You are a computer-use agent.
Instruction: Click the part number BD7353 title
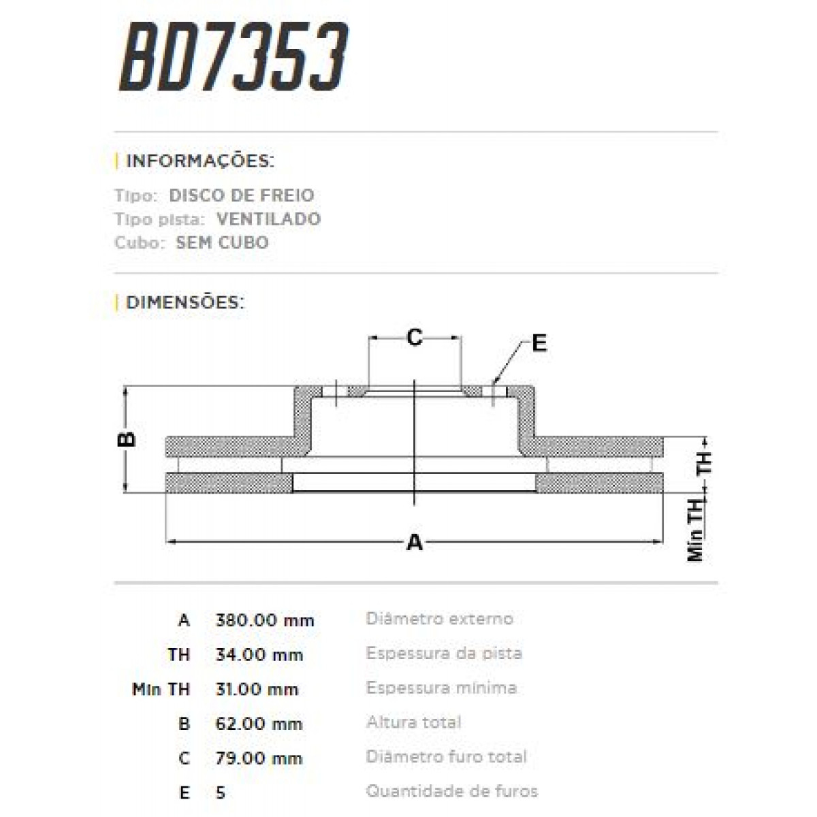point(234,57)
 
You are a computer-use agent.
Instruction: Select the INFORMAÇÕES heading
point(199,161)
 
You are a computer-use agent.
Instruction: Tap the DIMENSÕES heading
point(185,302)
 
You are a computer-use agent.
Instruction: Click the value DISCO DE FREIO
point(241,195)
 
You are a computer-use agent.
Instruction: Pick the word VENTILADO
point(268,219)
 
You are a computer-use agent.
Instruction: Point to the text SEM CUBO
point(222,243)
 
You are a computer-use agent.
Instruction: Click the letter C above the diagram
point(414,337)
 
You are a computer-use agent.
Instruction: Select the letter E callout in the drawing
point(539,343)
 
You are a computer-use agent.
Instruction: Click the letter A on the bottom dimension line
point(414,543)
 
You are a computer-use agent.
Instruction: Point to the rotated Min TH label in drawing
point(695,530)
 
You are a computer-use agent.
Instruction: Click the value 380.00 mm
point(264,620)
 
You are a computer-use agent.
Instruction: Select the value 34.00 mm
point(259,655)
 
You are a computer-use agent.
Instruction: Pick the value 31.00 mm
point(257,689)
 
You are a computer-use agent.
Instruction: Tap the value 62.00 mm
point(259,724)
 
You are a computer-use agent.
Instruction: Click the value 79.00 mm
point(259,758)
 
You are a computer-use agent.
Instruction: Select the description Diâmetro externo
point(439,619)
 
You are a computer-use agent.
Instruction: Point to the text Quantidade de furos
point(451,791)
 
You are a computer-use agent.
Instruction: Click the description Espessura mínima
point(440,688)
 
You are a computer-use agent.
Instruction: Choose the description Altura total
point(413,722)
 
